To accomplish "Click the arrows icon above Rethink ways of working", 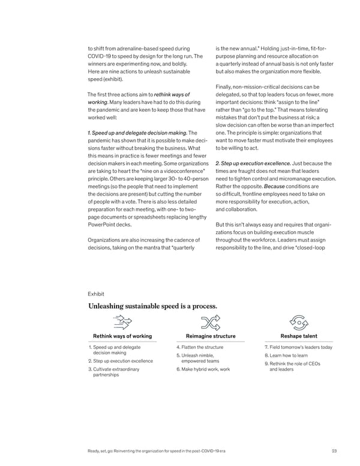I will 122,322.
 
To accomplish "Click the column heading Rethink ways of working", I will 122,336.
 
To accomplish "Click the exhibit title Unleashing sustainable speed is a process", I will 152,306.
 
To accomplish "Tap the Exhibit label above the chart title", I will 96,294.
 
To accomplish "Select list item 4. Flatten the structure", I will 200,348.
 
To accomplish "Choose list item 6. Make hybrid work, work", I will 203,369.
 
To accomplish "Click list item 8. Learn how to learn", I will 290,355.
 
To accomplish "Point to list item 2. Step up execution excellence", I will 120,361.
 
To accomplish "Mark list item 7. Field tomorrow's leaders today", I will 298,348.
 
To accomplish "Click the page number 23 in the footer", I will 334,452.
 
